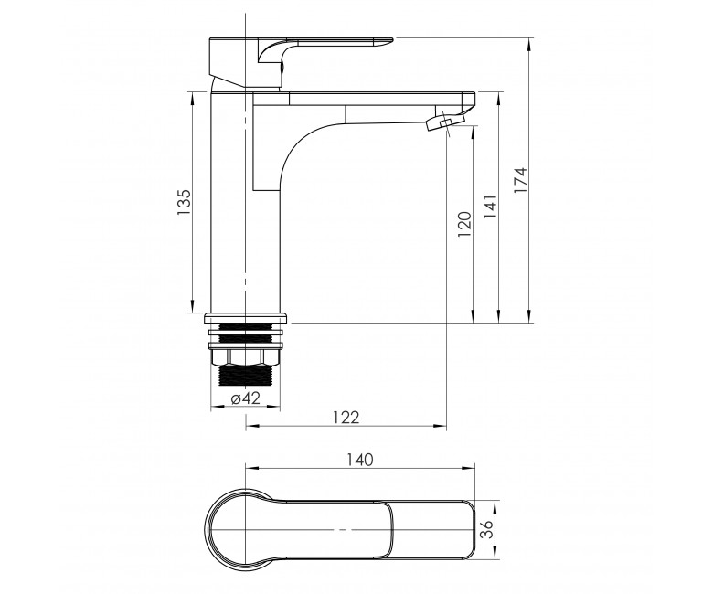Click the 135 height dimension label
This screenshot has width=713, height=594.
(184, 202)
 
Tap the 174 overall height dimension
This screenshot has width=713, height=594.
(520, 180)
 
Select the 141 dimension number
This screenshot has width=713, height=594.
(490, 207)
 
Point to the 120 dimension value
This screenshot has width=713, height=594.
(464, 224)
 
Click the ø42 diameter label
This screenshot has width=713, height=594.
(246, 398)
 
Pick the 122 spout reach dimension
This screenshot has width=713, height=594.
(346, 417)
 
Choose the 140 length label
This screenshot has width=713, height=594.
(359, 460)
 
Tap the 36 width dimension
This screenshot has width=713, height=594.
(487, 529)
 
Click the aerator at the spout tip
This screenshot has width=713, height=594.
(444, 122)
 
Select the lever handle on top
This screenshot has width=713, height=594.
(300, 62)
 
